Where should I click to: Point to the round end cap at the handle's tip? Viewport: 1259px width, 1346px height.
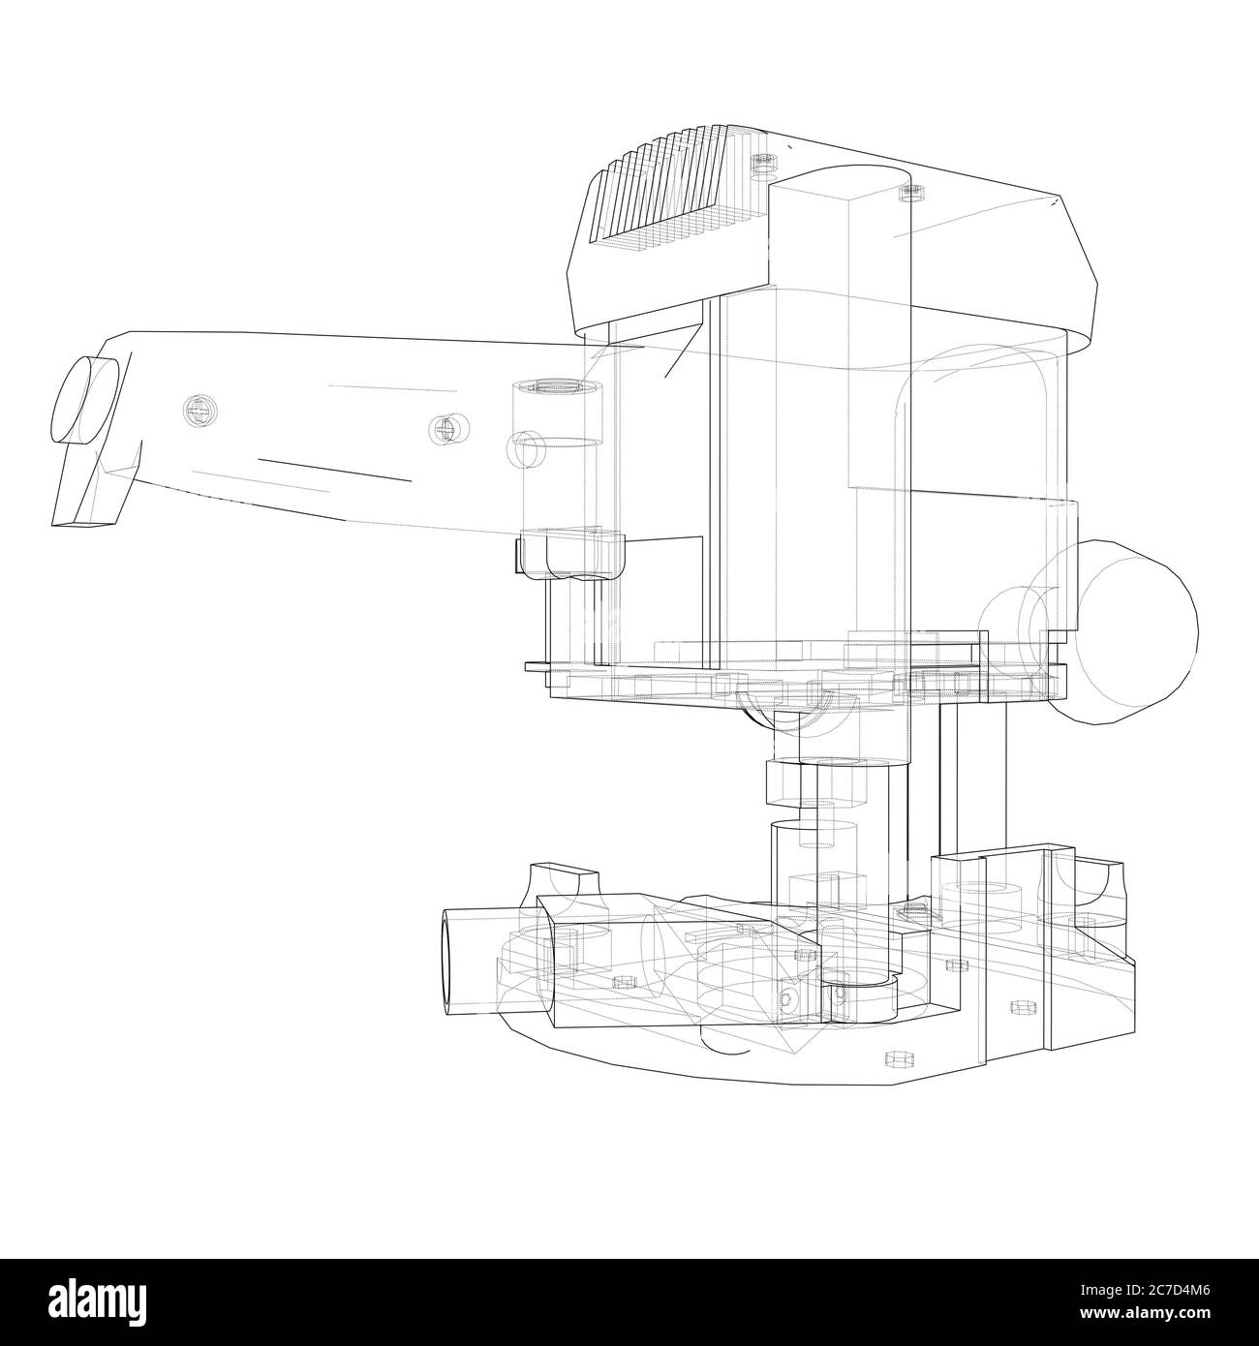[83, 400]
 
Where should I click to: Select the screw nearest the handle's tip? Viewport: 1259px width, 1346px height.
[200, 410]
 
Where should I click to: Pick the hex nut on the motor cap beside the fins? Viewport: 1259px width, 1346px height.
[764, 163]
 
